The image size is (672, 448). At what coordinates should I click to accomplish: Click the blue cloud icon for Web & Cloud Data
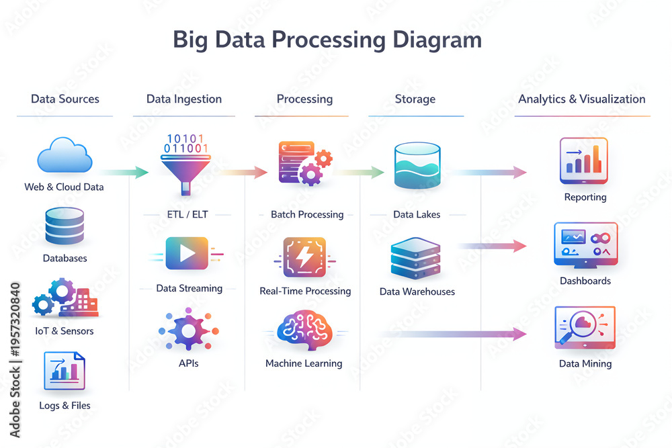[65, 155]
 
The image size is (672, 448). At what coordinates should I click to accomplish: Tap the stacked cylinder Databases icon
[65, 227]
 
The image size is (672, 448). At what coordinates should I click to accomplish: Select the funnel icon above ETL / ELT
[185, 165]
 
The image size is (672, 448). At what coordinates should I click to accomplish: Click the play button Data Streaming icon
[187, 253]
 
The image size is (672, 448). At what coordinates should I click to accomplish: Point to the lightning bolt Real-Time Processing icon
[304, 257]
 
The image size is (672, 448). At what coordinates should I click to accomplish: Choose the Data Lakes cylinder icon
[417, 166]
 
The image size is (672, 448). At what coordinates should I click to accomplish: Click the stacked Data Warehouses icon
[415, 259]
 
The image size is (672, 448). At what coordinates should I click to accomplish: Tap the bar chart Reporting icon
[584, 161]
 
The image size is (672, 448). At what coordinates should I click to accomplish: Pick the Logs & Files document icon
[65, 371]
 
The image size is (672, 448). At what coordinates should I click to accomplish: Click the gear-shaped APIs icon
[189, 330]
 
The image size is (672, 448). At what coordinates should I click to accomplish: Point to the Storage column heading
[415, 99]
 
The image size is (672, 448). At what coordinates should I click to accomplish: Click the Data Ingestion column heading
[184, 99]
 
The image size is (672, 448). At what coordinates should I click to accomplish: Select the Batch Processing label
[307, 214]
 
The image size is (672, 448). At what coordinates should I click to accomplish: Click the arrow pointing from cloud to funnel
[124, 173]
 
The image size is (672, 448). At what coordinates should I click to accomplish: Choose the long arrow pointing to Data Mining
[452, 334]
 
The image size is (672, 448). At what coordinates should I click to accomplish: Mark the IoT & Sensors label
[65, 331]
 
